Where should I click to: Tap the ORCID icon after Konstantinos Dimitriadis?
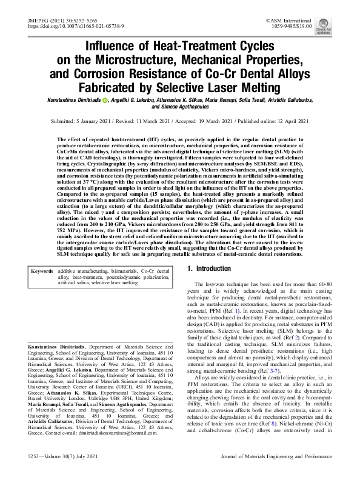(105, 99)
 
